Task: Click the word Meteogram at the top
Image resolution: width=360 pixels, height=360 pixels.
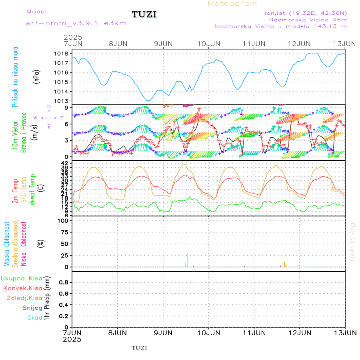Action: (233, 4)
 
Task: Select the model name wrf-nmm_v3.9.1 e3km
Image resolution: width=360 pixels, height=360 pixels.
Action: (76, 23)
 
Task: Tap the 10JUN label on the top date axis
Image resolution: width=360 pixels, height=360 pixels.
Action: (209, 43)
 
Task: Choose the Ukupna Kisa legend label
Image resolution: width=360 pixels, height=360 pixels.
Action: (21, 278)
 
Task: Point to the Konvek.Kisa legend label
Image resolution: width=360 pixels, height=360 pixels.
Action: (22, 288)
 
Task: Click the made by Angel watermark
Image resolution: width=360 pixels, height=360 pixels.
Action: (352, 240)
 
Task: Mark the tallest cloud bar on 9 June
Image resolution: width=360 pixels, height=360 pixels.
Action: (188, 260)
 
